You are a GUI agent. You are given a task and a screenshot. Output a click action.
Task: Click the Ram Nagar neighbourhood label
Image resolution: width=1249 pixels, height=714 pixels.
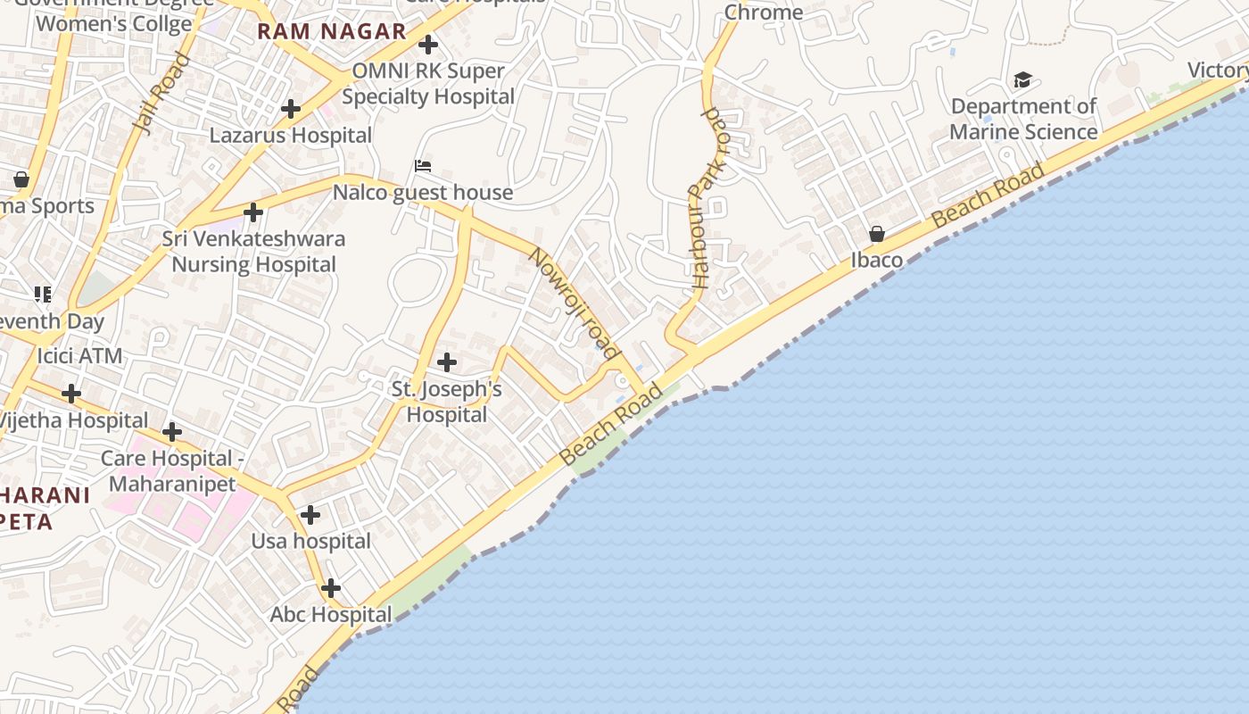click(332, 32)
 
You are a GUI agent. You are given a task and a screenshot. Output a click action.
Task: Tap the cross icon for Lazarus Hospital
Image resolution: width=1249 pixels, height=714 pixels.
click(291, 109)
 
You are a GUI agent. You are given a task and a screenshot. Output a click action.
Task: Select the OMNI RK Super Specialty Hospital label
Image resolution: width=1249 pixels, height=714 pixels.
click(428, 84)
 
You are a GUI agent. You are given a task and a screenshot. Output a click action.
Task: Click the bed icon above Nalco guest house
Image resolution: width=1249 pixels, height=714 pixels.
click(423, 166)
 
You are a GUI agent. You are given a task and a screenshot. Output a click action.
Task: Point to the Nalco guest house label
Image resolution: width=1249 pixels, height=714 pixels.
click(423, 192)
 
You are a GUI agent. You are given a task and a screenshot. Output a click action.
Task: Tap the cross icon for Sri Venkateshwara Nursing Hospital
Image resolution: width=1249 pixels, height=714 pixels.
click(253, 212)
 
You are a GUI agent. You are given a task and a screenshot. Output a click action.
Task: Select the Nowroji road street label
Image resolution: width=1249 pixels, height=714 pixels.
click(574, 303)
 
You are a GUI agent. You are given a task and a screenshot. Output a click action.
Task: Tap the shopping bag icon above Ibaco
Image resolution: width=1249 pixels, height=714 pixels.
click(877, 234)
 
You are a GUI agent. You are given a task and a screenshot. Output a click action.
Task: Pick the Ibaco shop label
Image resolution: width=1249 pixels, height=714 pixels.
click(877, 260)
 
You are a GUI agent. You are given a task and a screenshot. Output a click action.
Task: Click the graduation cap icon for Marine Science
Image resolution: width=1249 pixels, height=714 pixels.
click(1022, 80)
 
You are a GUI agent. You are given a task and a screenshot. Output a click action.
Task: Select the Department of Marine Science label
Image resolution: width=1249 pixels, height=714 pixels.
click(1023, 119)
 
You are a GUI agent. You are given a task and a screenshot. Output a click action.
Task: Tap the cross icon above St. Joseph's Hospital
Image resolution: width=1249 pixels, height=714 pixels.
click(447, 362)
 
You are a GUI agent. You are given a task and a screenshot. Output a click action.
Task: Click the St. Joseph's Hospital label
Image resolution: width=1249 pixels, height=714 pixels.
click(447, 402)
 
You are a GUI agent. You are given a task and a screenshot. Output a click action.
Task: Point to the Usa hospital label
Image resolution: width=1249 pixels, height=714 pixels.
click(310, 541)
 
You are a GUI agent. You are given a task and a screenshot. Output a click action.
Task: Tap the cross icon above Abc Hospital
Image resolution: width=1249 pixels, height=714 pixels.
click(331, 588)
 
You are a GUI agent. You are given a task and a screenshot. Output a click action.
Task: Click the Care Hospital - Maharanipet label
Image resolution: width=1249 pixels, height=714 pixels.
click(172, 471)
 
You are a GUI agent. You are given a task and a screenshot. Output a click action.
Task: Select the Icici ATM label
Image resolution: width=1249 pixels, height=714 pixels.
click(79, 356)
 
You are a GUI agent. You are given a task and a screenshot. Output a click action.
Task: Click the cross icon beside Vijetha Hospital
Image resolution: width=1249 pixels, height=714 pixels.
click(71, 393)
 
